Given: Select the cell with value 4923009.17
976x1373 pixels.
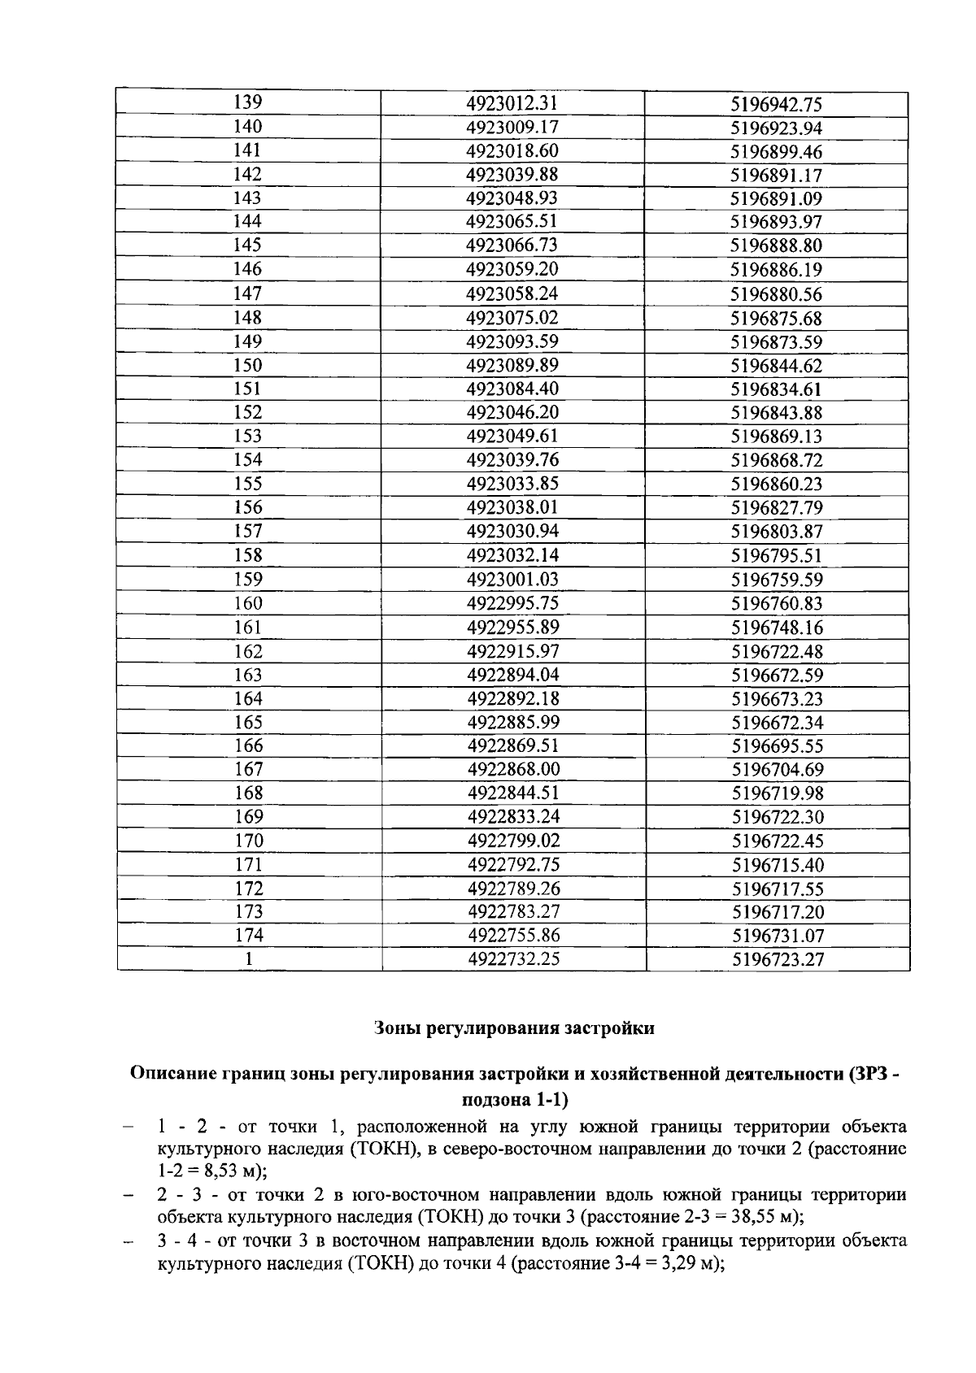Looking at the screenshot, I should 512,127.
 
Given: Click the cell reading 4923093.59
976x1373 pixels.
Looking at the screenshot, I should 512,341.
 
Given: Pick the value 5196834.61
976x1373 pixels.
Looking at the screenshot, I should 776,389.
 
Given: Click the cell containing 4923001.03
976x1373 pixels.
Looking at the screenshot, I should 512,580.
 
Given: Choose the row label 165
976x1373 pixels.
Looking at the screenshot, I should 248,722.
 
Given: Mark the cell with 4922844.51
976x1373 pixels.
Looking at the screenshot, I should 513,793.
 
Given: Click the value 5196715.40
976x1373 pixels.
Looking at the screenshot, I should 778,865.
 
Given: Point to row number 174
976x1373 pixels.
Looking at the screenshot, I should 249,935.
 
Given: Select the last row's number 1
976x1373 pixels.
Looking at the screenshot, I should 249,959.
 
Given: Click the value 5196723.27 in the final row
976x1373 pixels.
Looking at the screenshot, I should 778,960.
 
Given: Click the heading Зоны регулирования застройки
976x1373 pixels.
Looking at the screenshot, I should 514,1028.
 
